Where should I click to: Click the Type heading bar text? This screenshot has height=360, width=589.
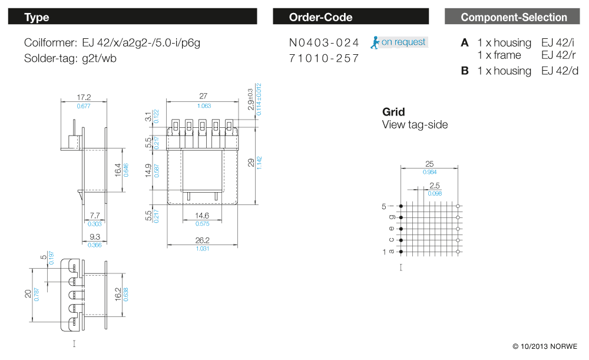[37, 17]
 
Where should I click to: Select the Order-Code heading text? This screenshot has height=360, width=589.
[320, 17]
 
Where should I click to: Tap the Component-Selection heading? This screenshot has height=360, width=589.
[514, 17]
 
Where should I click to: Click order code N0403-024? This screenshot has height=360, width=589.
[324, 42]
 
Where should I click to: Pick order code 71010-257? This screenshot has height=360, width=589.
[324, 58]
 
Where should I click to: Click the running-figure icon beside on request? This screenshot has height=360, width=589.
[375, 42]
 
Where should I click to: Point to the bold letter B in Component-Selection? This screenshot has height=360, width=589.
[465, 71]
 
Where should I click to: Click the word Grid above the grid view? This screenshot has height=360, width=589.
[393, 112]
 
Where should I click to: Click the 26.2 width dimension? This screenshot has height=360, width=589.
[203, 240]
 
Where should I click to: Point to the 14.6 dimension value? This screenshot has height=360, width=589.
[203, 216]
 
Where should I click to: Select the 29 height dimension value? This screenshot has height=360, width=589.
[252, 162]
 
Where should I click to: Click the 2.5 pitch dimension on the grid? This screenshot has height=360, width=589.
[434, 186]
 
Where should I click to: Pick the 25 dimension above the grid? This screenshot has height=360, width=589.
[429, 163]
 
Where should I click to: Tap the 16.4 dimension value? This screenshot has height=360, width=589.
[118, 170]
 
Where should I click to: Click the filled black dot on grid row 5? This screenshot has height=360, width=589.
[401, 206]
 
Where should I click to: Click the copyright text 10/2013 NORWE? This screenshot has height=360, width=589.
[545, 346]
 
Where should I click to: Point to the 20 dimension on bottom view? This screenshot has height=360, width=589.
[28, 293]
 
